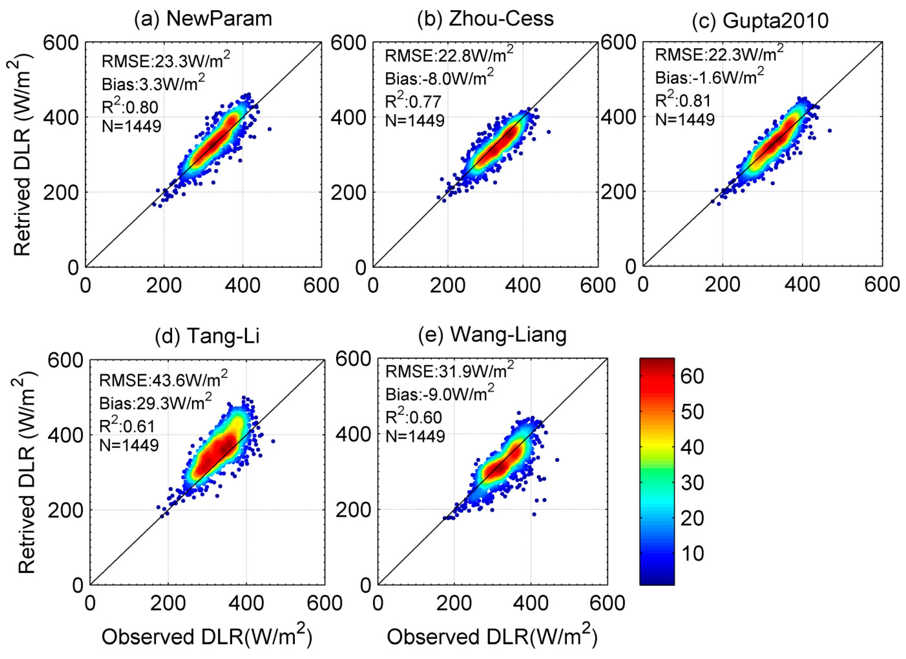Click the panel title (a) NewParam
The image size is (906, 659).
(203, 19)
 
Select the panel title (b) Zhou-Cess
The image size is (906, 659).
(485, 19)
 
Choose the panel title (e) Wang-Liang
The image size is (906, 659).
(492, 335)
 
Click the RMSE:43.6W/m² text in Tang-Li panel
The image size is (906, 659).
(163, 379)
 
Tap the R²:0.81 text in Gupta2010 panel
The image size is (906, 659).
(683, 100)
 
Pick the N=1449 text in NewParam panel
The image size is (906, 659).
(131, 126)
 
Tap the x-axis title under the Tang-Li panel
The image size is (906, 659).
(207, 636)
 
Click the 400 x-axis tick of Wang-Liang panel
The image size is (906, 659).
(530, 603)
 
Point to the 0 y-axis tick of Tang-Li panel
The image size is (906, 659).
(77, 585)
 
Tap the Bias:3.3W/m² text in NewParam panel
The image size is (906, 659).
(153, 84)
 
